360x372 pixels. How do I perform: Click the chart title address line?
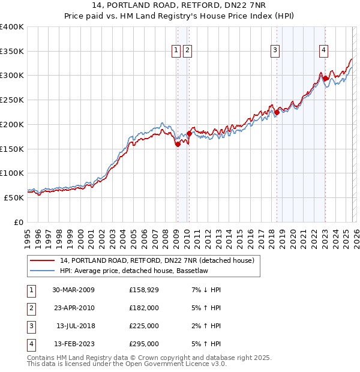(x=179, y=5)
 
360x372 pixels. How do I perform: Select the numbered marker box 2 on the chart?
(x=188, y=51)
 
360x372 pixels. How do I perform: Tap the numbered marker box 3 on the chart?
(x=275, y=51)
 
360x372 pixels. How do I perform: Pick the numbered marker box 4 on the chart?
(x=323, y=51)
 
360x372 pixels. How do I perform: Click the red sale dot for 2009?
(x=178, y=144)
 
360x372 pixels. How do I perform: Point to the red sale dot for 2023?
(x=325, y=78)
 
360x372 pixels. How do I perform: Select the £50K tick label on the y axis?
(x=14, y=197)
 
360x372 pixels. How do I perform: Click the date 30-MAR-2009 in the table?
(x=73, y=290)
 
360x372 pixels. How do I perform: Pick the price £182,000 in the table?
(x=144, y=308)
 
